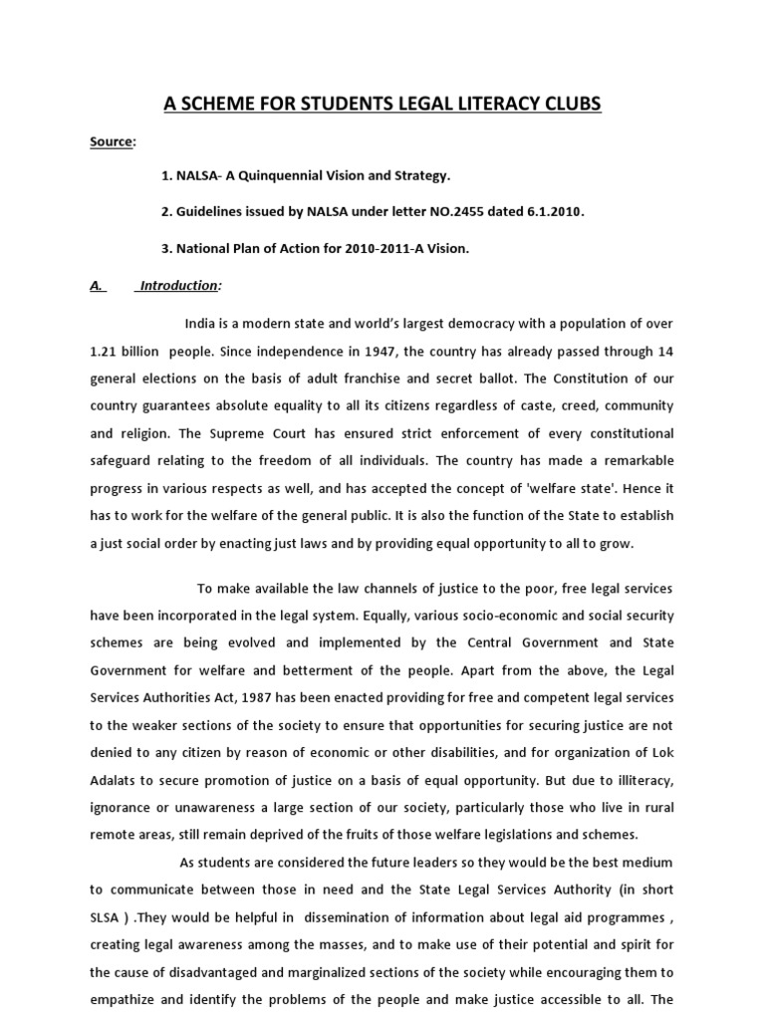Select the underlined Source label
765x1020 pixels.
[110, 142]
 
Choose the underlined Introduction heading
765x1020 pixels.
[178, 286]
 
